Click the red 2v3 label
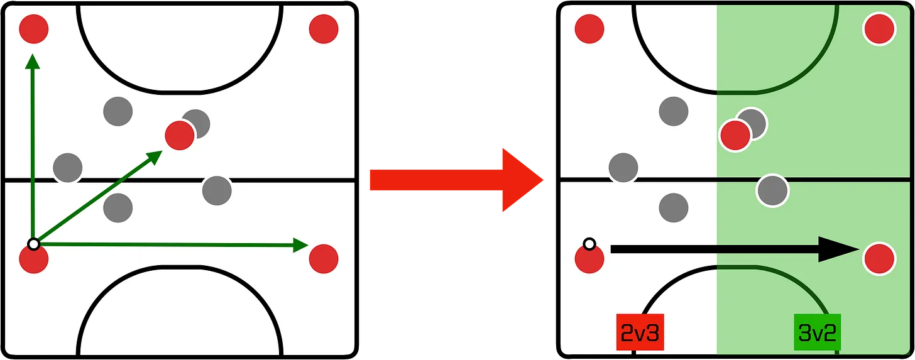pos(640,332)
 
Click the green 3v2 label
pos(817,332)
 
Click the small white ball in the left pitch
pos(34,244)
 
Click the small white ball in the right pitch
pos(589,244)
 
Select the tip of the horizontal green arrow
pos(304,245)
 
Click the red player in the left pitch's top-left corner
pos(34,28)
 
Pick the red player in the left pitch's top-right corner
pos(324,28)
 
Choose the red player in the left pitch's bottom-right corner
pos(324,258)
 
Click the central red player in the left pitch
pos(179,135)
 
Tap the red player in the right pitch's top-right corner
pos(879,28)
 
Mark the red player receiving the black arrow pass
pos(879,258)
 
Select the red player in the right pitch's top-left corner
pos(589,28)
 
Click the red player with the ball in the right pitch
pos(589,259)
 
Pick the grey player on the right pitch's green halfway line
pos(772,190)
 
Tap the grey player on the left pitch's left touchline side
pos(67,167)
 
